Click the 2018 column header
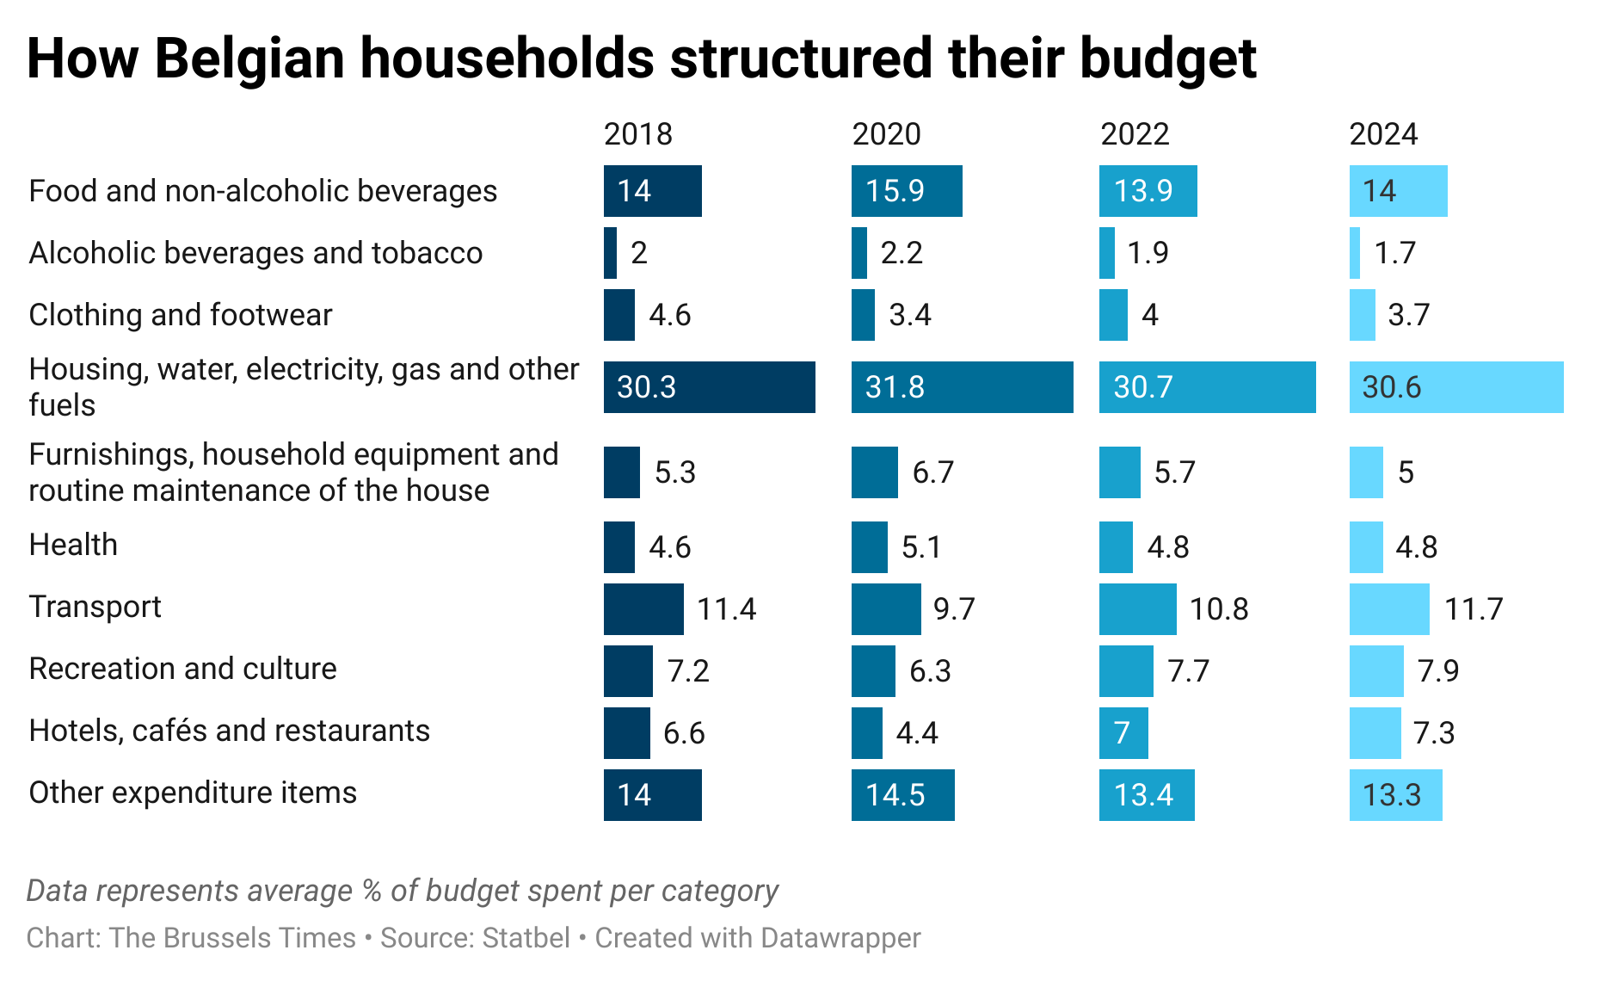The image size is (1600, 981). pos(637,134)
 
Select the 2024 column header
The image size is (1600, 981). pos(1382,134)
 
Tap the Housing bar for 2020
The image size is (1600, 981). pos(962,387)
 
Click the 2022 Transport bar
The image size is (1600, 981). pos(1137,609)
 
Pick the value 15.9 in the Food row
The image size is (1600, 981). pos(895,191)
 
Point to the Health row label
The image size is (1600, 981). pos(73,545)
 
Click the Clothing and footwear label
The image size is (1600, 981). pos(180,315)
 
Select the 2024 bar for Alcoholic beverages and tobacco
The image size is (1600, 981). pos(1355,253)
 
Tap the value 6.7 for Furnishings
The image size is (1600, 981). pos(932,472)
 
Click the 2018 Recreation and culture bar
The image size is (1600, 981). pos(628,671)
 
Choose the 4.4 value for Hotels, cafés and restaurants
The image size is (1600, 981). pos(916,733)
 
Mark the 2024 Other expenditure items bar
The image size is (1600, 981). pos(1395,795)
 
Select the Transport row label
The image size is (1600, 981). pos(95,607)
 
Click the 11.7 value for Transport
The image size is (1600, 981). pos(1473,609)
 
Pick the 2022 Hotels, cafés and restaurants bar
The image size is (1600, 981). pos(1123,733)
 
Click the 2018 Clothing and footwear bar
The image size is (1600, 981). pos(618,315)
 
